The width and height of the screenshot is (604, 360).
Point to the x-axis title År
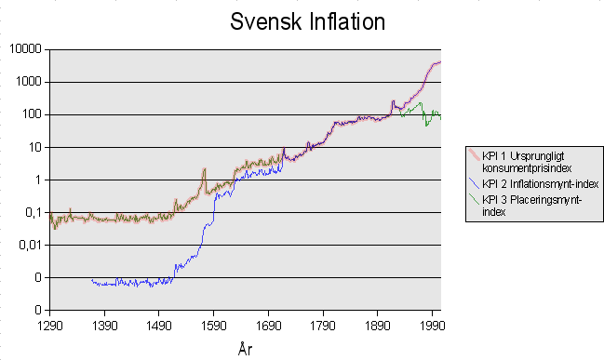pos(245,349)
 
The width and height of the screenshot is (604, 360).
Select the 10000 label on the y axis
pos(27,49)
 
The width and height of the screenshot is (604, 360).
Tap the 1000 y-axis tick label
pos(30,82)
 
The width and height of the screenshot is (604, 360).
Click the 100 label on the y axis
pos(33,114)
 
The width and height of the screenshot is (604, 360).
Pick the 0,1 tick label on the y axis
pos(33,212)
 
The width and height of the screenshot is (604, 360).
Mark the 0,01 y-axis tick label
pos(30,245)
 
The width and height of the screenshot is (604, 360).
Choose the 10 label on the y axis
pos(35,147)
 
